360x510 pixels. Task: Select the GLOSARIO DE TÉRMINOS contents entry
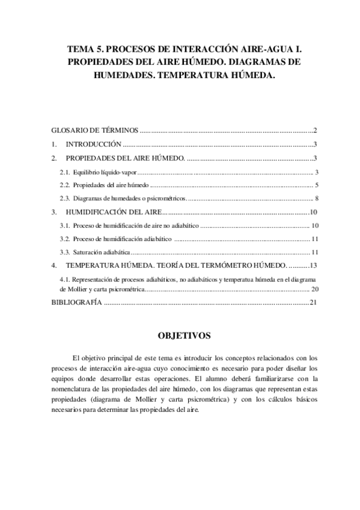pos(95,130)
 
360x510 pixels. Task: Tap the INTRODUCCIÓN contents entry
pos(93,144)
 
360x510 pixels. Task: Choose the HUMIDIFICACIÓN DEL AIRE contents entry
pos(112,212)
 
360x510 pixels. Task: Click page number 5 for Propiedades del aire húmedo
pos(316,185)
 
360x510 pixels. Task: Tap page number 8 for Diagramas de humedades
pos(316,198)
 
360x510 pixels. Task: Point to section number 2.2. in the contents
pos(65,185)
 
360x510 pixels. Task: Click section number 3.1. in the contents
pos(65,226)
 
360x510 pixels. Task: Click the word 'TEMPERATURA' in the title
pos(190,76)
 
